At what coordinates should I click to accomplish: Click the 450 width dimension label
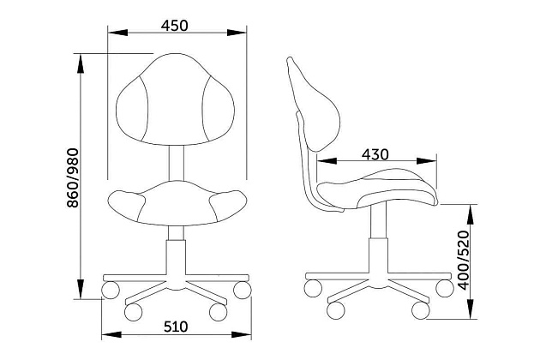click(175, 26)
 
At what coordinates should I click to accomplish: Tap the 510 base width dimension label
click(176, 327)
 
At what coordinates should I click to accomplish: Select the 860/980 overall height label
click(73, 177)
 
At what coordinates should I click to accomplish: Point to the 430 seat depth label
click(375, 154)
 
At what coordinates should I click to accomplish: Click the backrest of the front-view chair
click(176, 99)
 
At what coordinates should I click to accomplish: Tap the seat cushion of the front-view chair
click(177, 203)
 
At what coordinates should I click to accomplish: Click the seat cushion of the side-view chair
click(377, 189)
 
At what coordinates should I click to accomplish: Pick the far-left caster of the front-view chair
click(111, 290)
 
